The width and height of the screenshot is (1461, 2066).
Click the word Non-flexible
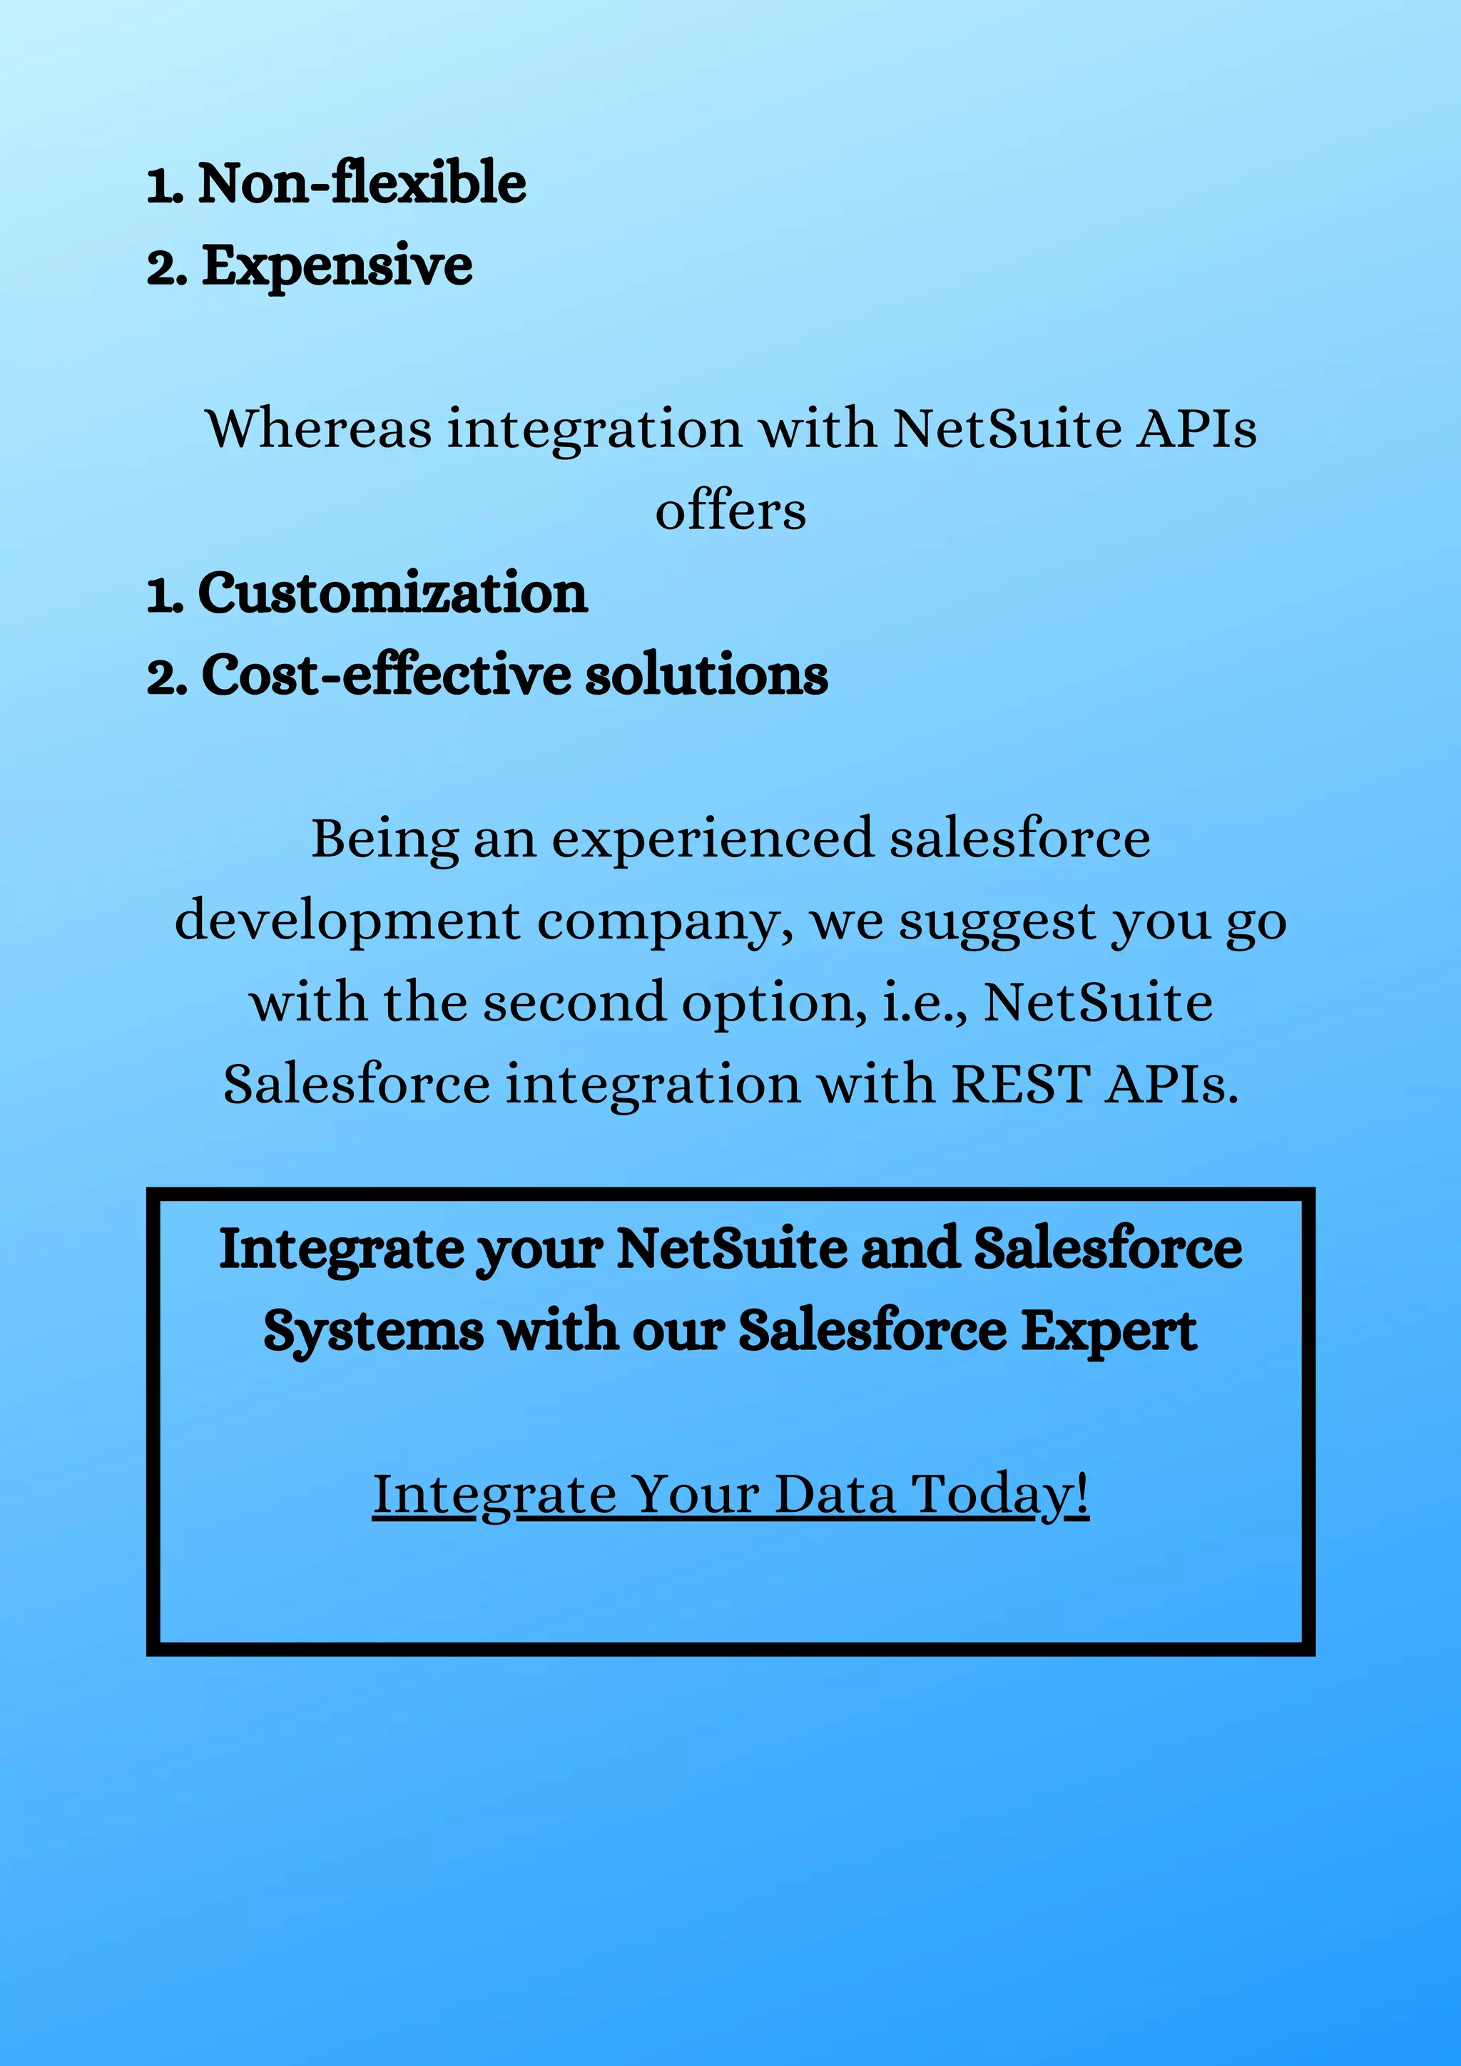pos(362,183)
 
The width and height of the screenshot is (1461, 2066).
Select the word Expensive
pos(337,265)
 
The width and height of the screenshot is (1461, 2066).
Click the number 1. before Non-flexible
pos(166,185)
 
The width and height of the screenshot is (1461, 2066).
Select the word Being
pos(384,839)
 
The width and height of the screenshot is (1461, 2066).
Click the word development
pos(347,921)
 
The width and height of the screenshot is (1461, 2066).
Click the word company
pos(664,922)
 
